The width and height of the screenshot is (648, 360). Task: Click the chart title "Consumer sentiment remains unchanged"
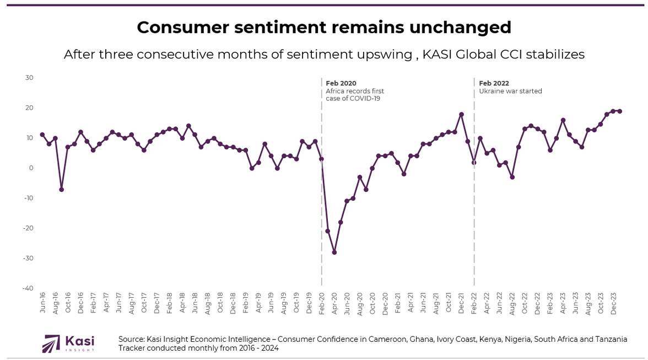[324, 27]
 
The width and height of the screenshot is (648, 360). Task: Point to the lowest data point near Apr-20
[334, 252]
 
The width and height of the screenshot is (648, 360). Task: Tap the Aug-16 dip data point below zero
[61, 189]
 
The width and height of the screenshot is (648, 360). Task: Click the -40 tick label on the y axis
[28, 288]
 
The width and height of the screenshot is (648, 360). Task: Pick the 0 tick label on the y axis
[31, 168]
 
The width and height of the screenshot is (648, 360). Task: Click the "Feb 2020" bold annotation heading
[341, 83]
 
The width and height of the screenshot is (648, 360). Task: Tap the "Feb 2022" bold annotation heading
[494, 83]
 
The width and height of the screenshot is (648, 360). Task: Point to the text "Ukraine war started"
[510, 91]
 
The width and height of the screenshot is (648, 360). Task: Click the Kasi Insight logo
[68, 343]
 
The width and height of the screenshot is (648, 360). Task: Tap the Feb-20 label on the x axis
[322, 303]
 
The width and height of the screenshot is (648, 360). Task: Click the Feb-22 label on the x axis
[474, 303]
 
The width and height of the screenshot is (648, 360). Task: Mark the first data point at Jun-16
[42, 135]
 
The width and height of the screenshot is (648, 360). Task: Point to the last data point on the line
[620, 111]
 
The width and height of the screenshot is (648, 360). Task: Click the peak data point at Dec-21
[461, 114]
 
